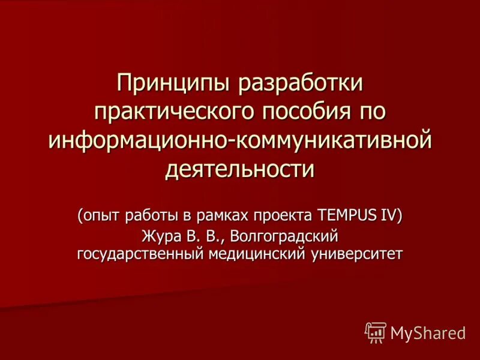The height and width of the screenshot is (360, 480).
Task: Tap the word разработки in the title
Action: [302, 83]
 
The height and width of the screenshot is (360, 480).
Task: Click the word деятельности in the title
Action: [240, 167]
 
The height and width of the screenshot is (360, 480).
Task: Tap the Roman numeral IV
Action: [389, 215]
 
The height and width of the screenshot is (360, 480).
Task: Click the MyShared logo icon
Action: [376, 332]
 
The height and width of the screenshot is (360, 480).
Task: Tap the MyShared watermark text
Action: [428, 332]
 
